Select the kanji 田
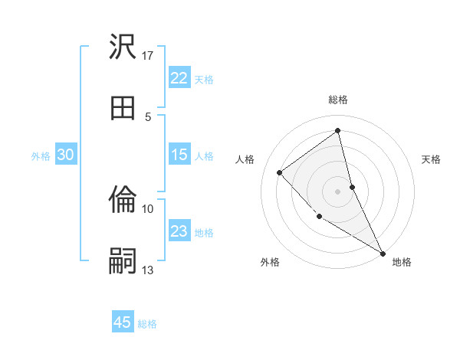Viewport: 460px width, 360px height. pyautogui.click(x=123, y=106)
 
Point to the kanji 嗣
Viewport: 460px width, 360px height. pyautogui.click(x=123, y=260)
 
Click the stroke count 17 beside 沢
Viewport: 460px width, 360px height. pyautogui.click(x=148, y=56)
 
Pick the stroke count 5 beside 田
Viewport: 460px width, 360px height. pyautogui.click(x=148, y=116)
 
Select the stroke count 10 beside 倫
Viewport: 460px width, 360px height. pyautogui.click(x=148, y=208)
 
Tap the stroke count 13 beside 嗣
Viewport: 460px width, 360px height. pyautogui.click(x=148, y=270)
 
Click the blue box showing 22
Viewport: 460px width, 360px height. pyautogui.click(x=179, y=78)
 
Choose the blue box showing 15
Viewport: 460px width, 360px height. pyautogui.click(x=179, y=155)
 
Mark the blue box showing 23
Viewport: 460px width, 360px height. pyautogui.click(x=179, y=231)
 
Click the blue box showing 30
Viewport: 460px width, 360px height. pyautogui.click(x=65, y=155)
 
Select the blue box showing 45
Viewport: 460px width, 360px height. pyautogui.click(x=122, y=322)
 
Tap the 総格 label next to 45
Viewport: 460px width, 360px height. pyautogui.click(x=147, y=324)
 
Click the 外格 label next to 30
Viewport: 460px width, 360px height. pyautogui.click(x=41, y=156)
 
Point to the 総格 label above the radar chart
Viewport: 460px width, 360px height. pyautogui.click(x=338, y=100)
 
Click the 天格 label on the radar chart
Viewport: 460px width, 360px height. pyautogui.click(x=431, y=159)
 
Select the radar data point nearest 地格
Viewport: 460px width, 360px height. pyautogui.click(x=383, y=253)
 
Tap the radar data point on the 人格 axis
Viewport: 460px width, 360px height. pyautogui.click(x=280, y=172)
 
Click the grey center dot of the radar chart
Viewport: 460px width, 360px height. pyautogui.click(x=338, y=191)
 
